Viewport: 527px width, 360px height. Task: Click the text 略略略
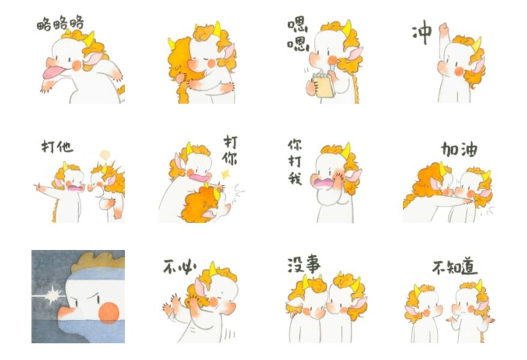(60, 23)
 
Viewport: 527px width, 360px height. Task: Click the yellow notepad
(323, 86)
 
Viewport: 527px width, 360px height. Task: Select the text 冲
(422, 32)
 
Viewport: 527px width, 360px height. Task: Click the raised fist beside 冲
(444, 29)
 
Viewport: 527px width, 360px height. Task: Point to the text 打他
(57, 147)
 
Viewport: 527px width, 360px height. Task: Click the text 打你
(230, 150)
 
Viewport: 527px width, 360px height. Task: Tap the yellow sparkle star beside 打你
(225, 174)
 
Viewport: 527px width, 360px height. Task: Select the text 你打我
(295, 162)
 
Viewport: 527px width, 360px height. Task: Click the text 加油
(459, 149)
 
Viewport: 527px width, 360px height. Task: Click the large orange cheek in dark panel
(109, 313)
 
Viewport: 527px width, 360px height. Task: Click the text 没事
(304, 264)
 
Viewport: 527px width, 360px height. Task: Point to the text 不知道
(455, 268)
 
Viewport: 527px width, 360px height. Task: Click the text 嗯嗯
(298, 35)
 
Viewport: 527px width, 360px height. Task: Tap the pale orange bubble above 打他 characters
(105, 155)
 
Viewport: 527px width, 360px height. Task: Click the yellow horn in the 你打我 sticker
(346, 150)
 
